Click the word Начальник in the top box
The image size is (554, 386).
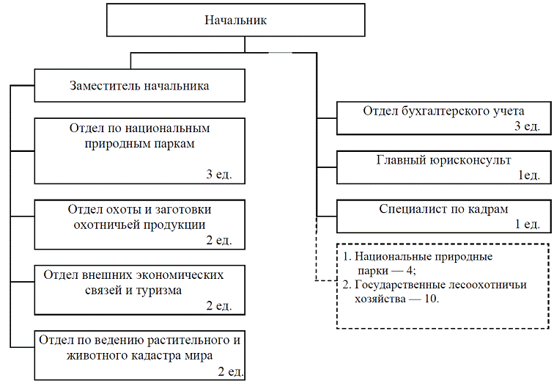[x=235, y=20]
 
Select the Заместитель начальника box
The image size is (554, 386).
[x=139, y=86]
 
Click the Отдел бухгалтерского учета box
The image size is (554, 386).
[x=444, y=118]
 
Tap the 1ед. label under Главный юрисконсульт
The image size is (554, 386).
[x=529, y=176]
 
